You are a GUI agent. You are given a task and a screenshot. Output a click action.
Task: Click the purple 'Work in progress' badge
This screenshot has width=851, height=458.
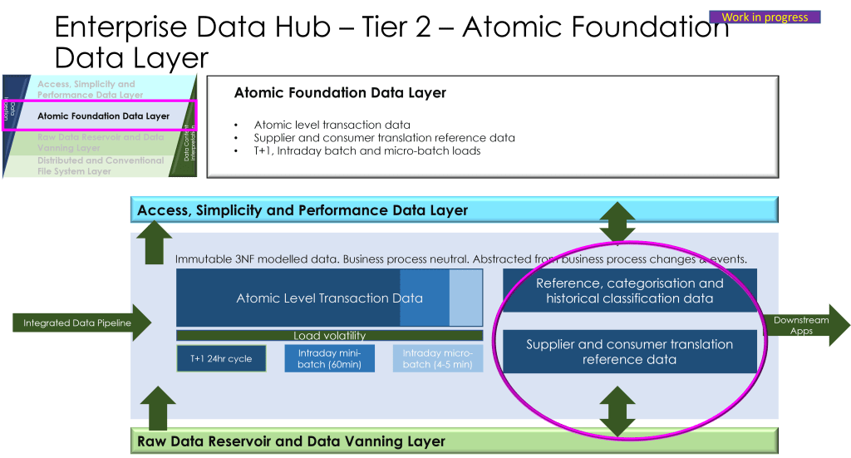(x=765, y=17)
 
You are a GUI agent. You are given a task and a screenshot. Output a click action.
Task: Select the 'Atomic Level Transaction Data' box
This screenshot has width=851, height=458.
(x=329, y=298)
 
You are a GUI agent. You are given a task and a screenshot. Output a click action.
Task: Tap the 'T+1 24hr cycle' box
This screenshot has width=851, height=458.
(x=221, y=358)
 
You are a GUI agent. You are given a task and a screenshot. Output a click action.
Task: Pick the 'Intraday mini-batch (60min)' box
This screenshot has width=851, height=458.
(x=329, y=358)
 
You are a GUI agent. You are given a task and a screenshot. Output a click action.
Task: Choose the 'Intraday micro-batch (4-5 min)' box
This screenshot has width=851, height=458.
(x=437, y=358)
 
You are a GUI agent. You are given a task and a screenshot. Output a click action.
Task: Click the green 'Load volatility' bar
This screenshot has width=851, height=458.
(x=329, y=336)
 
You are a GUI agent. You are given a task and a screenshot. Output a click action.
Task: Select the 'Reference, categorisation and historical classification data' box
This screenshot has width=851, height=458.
(x=629, y=290)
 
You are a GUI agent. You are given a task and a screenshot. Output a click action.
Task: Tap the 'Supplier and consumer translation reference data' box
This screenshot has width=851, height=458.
(x=629, y=352)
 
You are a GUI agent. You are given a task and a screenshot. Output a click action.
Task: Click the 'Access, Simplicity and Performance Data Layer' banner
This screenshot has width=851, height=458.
(x=454, y=210)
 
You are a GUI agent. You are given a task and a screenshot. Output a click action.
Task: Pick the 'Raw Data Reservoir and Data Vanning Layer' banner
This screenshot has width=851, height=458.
(x=454, y=441)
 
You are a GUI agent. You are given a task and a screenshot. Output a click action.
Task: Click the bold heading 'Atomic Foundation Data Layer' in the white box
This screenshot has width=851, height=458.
(x=340, y=93)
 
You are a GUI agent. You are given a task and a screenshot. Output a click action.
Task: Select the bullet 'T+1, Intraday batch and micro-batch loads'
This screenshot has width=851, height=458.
(x=367, y=150)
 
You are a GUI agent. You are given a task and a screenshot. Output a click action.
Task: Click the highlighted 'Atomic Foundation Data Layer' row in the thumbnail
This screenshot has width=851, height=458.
(x=103, y=116)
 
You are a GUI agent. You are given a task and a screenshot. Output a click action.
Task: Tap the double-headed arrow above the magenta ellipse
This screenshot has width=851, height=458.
(x=617, y=222)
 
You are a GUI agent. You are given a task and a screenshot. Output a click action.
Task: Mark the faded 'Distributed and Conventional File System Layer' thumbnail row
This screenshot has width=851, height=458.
(x=100, y=165)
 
